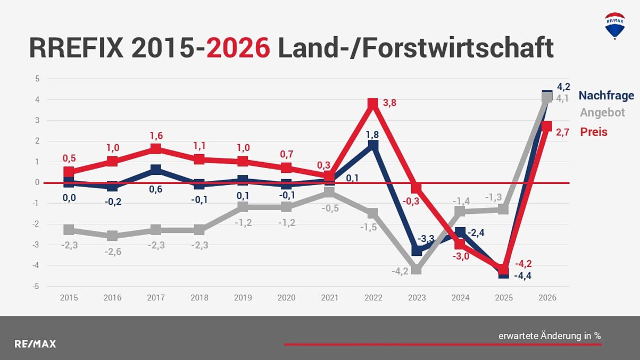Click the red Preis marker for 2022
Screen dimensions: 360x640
(373, 103)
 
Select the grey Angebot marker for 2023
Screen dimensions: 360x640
(417, 269)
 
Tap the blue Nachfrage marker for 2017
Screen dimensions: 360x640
(155, 170)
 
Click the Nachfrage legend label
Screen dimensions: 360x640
(606, 96)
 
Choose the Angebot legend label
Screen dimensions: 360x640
(602, 113)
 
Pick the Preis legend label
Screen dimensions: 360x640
(594, 132)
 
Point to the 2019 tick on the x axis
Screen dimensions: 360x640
(243, 298)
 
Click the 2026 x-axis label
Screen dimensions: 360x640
(547, 298)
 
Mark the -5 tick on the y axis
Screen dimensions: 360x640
(37, 286)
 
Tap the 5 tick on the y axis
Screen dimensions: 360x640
(37, 79)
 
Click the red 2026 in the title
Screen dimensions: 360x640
(238, 48)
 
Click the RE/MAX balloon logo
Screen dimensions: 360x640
(615, 26)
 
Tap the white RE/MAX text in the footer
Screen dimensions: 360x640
(35, 344)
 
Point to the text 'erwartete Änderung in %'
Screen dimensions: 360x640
(550, 336)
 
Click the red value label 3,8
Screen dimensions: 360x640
(389, 103)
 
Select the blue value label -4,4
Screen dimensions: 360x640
(522, 275)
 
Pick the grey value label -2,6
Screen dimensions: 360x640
(113, 252)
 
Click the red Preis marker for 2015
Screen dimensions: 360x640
(69, 172)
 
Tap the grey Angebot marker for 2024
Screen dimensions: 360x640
(460, 212)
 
